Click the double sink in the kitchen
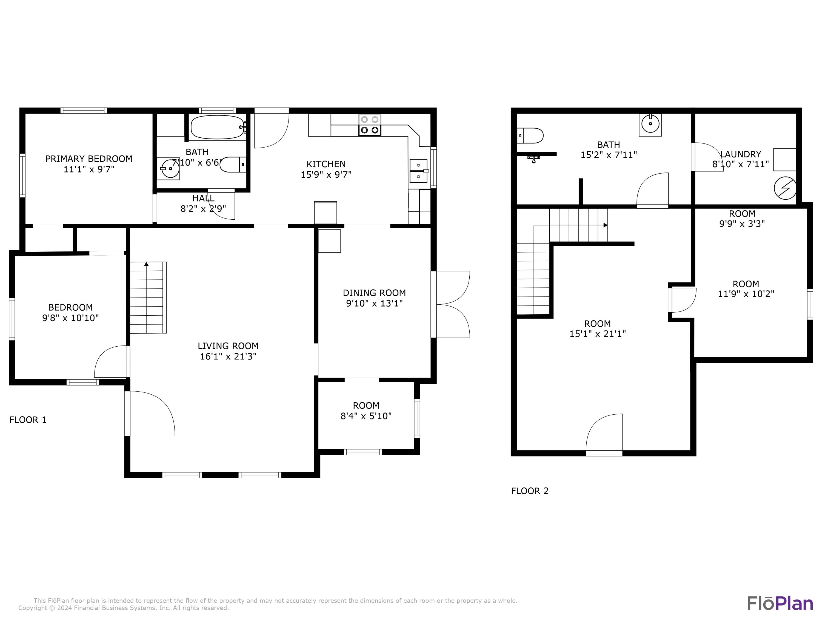point(418,171)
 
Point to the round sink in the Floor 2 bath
point(650,124)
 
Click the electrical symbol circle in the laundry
point(785,188)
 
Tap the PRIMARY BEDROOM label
point(89,159)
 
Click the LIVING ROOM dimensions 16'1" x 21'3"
point(228,356)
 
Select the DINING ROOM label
point(374,293)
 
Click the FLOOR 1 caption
point(28,420)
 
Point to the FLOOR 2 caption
point(530,491)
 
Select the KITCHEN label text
point(326,164)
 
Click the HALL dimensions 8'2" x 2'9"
point(203,209)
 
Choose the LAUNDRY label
point(741,154)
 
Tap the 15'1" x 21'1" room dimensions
point(598,334)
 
